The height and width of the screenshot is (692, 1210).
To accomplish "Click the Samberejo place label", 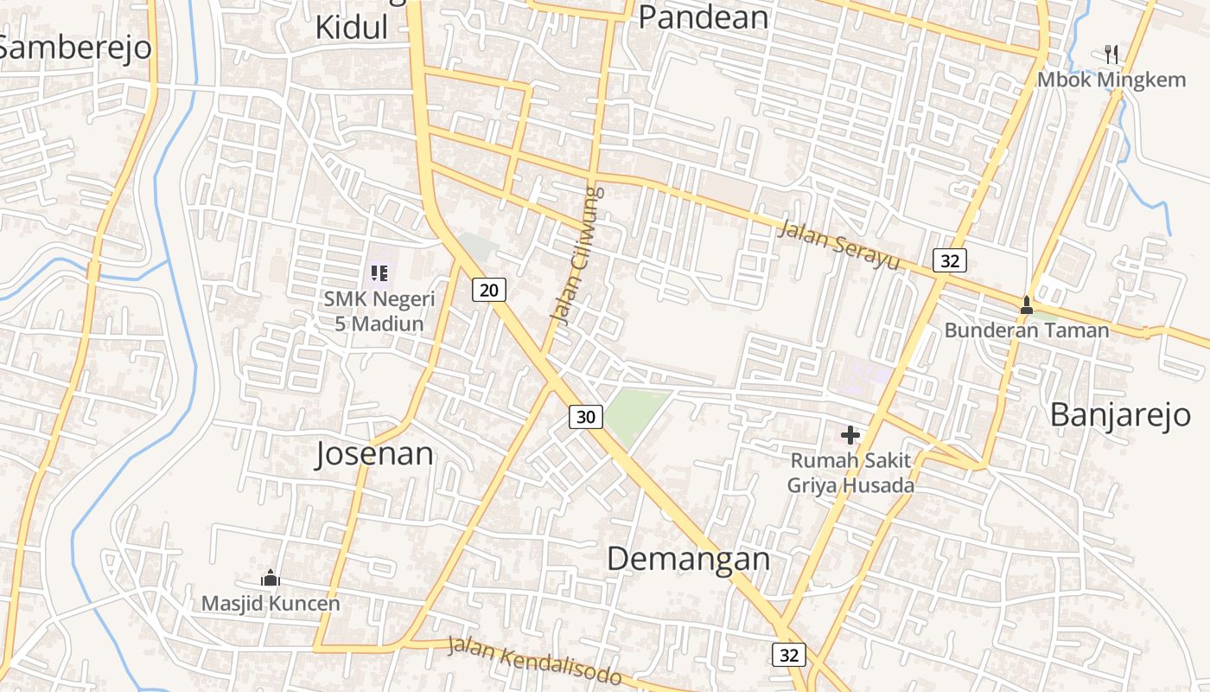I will click(x=76, y=48).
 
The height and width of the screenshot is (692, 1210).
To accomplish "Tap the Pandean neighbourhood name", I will click(x=703, y=16).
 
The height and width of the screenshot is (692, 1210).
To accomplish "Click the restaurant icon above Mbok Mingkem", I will click(x=1111, y=54).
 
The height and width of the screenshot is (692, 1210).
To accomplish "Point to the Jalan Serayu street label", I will click(x=838, y=246).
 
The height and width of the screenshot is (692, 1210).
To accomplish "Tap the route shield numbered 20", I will click(x=489, y=290).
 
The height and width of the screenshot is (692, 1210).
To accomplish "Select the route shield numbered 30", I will click(x=586, y=417).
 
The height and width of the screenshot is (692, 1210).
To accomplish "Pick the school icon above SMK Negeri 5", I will click(x=379, y=274).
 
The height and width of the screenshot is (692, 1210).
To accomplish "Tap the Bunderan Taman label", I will click(x=1026, y=330).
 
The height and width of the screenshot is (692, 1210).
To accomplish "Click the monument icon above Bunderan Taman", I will click(x=1026, y=304).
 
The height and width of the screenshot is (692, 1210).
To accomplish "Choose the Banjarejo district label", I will click(x=1120, y=415).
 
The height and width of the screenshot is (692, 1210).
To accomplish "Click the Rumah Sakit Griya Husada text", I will click(x=850, y=473).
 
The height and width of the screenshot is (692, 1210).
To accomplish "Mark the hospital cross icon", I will click(x=850, y=435).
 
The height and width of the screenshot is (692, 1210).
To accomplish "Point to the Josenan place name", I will click(x=374, y=454).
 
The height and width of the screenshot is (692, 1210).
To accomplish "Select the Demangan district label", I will click(x=688, y=559).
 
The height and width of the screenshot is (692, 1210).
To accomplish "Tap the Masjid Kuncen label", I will click(x=271, y=603).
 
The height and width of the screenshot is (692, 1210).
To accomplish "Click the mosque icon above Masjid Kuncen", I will click(x=271, y=578).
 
